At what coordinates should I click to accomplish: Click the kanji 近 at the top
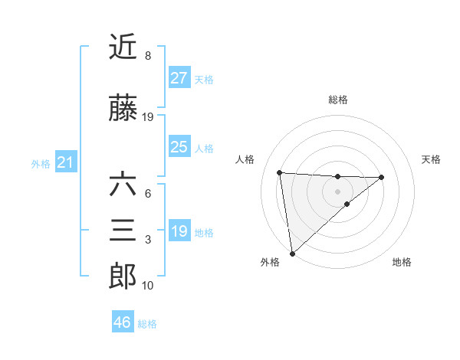click(123, 48)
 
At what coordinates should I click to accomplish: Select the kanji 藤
click(123, 109)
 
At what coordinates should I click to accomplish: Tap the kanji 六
click(123, 185)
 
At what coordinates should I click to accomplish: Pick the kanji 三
click(123, 231)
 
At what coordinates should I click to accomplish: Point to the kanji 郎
click(123, 277)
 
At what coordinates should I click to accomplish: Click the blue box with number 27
click(179, 78)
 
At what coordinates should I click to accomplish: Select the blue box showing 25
click(179, 147)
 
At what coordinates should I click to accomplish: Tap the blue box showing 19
click(179, 231)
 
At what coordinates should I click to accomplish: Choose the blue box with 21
click(65, 162)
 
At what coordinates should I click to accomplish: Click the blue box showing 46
click(123, 322)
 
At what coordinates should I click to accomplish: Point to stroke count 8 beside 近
click(147, 56)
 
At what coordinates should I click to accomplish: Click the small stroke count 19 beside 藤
click(148, 117)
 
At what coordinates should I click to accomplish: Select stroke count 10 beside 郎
click(148, 286)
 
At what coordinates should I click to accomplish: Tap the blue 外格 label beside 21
click(41, 163)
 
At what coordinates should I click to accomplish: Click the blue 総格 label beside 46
click(147, 324)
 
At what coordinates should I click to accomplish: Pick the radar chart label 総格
click(337, 100)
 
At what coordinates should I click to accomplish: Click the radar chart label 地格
click(402, 262)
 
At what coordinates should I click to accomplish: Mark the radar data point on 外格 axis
click(291, 254)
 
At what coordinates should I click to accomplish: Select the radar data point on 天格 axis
click(382, 177)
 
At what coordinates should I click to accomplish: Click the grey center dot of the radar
click(337, 191)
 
